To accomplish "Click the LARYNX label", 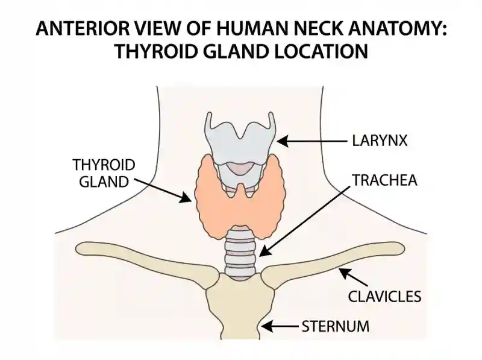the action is click(x=380, y=141).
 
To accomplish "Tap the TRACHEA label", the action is click(x=384, y=180).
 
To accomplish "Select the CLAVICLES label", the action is click(x=384, y=296).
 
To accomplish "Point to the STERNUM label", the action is click(x=336, y=326).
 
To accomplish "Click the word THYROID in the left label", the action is click(x=104, y=165).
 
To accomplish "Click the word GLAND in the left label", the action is click(x=104, y=182).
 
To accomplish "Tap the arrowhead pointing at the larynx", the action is click(x=283, y=141).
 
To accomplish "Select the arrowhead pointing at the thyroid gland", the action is click(x=186, y=198).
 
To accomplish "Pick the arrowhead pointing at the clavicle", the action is click(x=345, y=274).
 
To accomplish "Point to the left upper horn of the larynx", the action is click(x=208, y=118).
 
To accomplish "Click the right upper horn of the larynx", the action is click(x=272, y=118).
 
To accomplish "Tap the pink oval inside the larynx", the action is click(x=240, y=168).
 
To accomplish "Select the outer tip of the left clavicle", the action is click(x=78, y=248).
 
